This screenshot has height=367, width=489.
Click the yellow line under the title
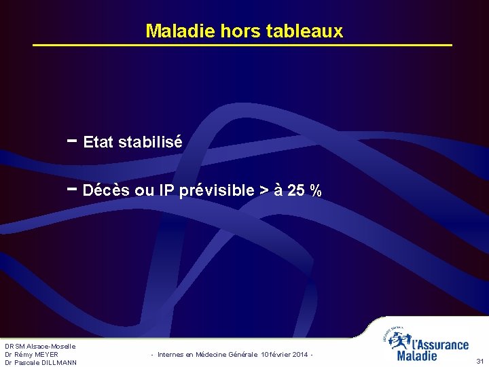click(243, 46)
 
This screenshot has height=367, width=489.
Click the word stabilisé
click(150, 142)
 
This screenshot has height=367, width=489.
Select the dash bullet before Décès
click(72, 189)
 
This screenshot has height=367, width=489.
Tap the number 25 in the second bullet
click(296, 191)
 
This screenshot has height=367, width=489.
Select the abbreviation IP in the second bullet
click(166, 191)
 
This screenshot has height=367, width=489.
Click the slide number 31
click(479, 362)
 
